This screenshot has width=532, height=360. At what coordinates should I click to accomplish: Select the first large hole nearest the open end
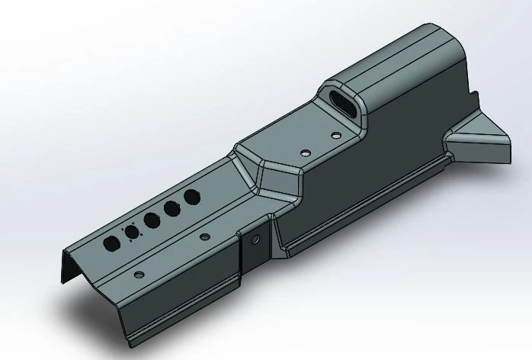coord(111,243)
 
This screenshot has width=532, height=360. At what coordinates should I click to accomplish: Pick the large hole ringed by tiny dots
coord(132,232)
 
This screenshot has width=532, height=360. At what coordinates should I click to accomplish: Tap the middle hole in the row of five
coord(152,220)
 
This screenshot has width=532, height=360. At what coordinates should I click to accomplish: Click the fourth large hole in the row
coord(171,208)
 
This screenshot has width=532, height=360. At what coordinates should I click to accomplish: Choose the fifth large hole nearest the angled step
coord(191,198)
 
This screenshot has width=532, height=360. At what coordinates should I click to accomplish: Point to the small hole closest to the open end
coord(138,274)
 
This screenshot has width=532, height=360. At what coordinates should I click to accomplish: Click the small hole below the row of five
coord(204,237)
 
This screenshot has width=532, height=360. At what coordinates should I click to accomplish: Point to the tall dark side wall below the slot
coord(396,153)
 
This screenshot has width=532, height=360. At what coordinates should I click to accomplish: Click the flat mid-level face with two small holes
coord(305,141)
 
